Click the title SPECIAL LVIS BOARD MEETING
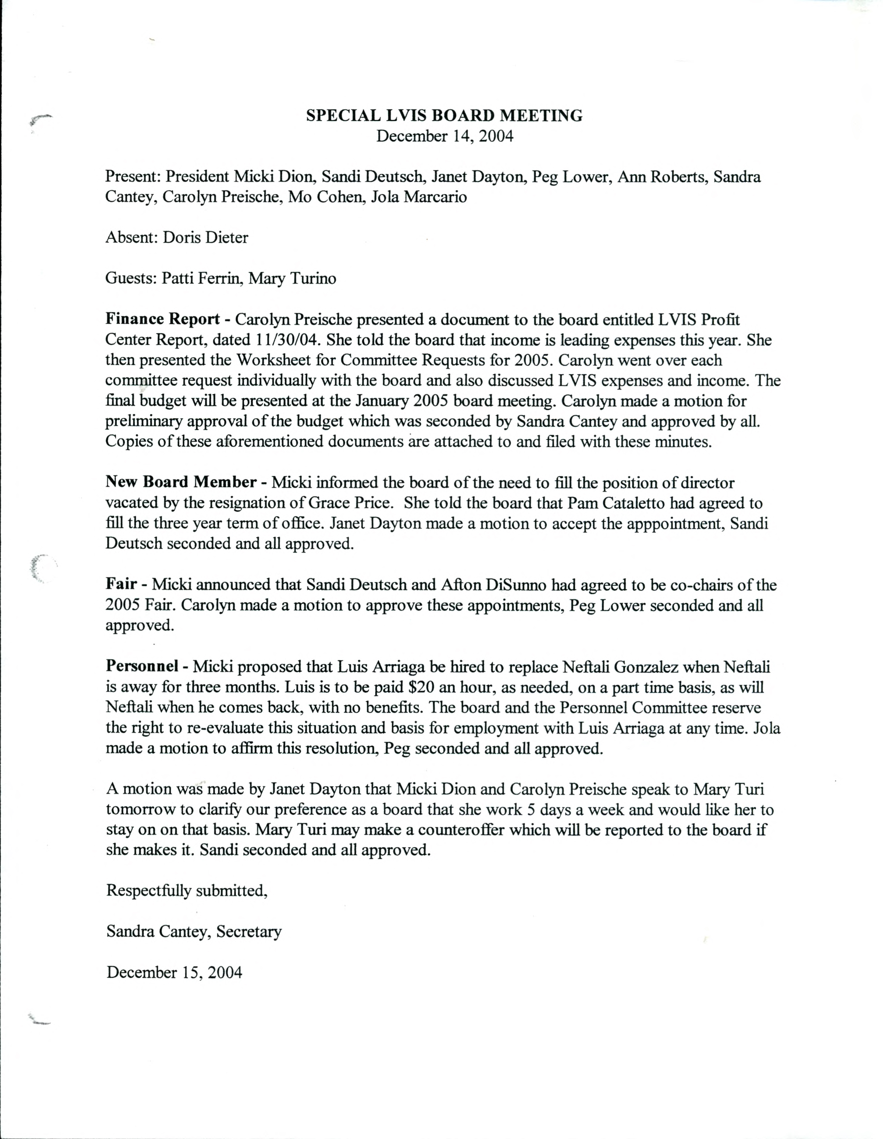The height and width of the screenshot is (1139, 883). [444, 115]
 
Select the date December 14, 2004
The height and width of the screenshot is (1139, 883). [444, 136]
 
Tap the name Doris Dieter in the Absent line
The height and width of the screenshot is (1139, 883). [205, 238]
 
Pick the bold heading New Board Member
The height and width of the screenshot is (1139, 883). [180, 482]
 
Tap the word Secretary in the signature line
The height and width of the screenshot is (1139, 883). [249, 931]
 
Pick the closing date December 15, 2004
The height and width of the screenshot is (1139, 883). [174, 973]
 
